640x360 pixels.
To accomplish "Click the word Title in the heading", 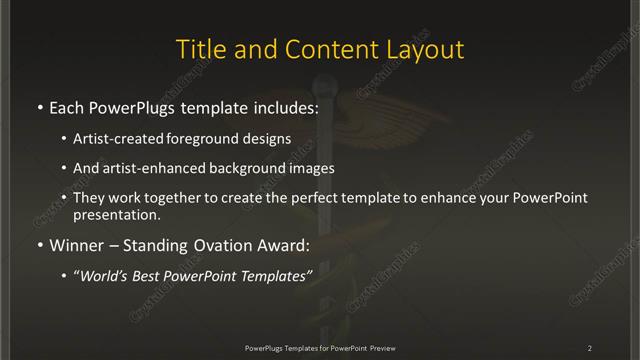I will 198,50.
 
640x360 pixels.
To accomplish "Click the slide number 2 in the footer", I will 590,347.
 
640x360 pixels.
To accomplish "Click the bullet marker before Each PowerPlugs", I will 39,105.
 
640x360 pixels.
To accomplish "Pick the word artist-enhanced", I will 163,169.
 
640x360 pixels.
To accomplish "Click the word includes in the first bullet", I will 284,105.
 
